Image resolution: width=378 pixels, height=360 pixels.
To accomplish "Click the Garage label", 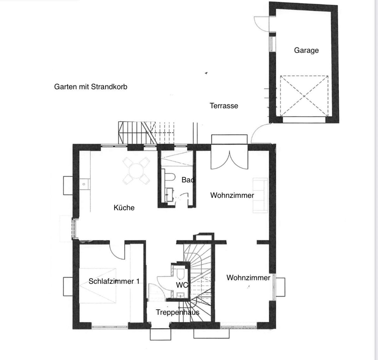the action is tap(306, 50).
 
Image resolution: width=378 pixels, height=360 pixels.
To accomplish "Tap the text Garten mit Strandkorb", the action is tap(91, 87).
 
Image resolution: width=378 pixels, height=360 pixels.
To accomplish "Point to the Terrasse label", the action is tap(224, 106).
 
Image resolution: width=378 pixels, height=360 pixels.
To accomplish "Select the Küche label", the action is tap(124, 207).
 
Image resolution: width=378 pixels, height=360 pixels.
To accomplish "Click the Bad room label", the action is tap(188, 180).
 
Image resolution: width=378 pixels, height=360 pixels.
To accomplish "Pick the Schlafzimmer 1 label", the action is tap(114, 281).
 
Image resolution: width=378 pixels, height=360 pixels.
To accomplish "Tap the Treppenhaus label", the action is tap(177, 312).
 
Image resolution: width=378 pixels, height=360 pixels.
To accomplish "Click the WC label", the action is tap(182, 285).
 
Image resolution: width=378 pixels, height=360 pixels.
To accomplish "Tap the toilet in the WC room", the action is tap(180, 274).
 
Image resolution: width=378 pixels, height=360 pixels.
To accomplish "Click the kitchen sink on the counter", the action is tap(84, 184).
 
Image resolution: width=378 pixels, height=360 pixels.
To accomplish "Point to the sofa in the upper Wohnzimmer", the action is tap(260, 195).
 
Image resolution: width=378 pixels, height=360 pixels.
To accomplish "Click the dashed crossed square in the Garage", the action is tap(304, 96).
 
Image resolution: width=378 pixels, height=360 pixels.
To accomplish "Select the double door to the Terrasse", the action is tap(229, 160).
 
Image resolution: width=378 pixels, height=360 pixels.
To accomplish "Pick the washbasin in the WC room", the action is tap(180, 295).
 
